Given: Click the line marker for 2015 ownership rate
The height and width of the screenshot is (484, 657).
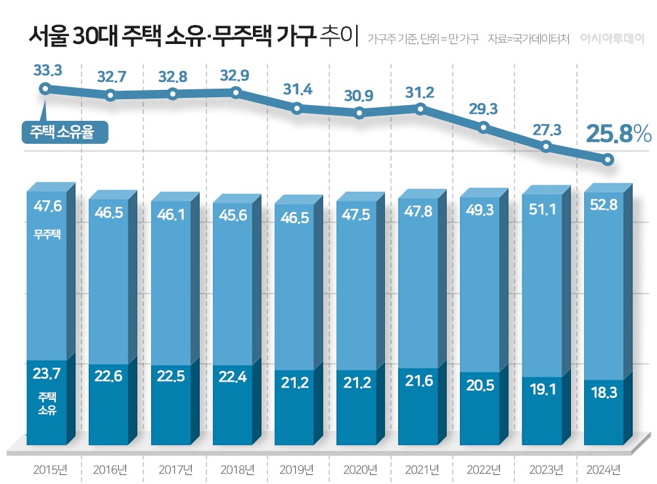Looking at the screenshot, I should tap(45, 89).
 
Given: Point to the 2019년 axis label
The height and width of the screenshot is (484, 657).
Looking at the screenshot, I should tap(297, 470).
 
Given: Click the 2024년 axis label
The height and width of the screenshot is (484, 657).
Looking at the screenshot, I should tap(602, 470).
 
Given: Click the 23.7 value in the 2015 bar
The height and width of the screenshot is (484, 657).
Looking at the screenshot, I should tap(47, 374).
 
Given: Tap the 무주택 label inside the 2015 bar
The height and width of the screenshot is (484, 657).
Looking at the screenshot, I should tap(47, 233).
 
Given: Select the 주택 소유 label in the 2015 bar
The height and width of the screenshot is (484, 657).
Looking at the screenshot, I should tap(47, 404).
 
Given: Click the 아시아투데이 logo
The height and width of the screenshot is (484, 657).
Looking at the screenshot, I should tap(611, 38).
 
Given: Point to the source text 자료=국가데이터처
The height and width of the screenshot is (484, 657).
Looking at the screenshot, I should tap(529, 38).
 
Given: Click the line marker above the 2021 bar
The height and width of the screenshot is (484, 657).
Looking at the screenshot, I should tap(421, 108).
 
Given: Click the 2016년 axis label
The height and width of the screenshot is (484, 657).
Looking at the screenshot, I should tap(110, 470).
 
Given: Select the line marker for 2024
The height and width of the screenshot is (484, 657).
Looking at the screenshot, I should tap(608, 160).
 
